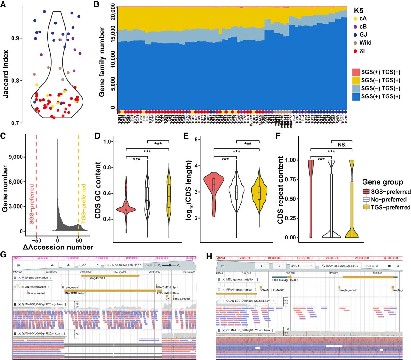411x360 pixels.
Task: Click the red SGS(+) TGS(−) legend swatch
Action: (356, 72)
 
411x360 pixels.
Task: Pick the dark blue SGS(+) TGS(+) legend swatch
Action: (356, 96)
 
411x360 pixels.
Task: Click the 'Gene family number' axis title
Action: (102, 62)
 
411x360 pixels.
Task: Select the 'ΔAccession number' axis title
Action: (58, 247)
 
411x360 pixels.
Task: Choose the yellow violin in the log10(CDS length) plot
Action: (259, 193)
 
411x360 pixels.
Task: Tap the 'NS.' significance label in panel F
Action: (342, 145)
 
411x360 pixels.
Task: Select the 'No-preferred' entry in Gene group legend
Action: (389, 200)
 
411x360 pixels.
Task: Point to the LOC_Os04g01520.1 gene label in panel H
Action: (285, 280)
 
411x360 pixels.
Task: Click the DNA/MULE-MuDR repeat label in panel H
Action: (272, 290)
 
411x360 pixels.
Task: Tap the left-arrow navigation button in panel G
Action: (52, 265)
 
